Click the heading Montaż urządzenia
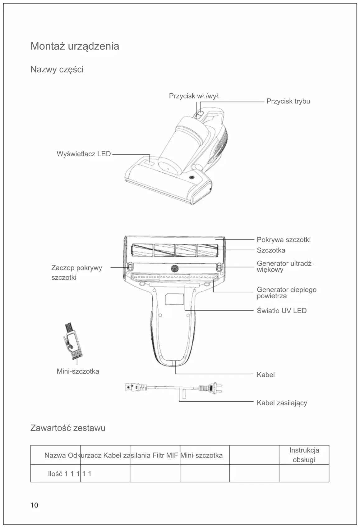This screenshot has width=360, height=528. click(75, 46)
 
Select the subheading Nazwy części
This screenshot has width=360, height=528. click(57, 70)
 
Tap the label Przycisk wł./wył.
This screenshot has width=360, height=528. click(194, 96)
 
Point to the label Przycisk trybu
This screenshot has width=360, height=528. click(288, 101)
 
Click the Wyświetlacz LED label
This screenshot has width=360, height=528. click(84, 154)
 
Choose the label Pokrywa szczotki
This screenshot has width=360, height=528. click(284, 240)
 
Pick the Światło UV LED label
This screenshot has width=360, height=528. click(282, 311)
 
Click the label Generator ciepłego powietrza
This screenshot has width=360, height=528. click(286, 293)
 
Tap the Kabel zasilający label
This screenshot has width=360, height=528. click(282, 403)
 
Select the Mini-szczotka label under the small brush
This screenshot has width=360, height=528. click(78, 371)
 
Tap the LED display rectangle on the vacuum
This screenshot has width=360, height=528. click(147, 162)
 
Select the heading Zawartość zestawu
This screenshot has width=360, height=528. click(68, 428)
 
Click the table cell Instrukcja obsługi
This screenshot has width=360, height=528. click(304, 455)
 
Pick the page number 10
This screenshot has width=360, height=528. click(34, 505)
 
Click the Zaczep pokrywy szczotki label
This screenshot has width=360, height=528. click(76, 272)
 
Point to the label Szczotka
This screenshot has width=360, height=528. click(271, 250)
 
